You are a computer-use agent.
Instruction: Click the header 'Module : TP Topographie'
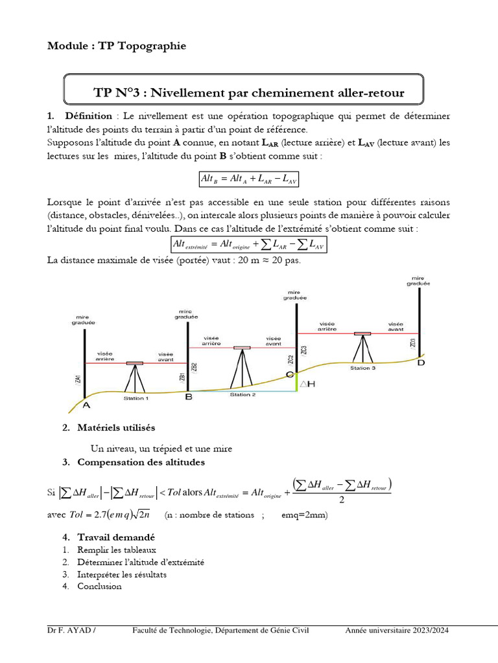tap(117, 46)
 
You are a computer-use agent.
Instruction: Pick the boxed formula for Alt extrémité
tap(248, 244)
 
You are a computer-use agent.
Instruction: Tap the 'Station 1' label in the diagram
tap(136, 399)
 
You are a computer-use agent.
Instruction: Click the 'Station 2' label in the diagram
tap(243, 394)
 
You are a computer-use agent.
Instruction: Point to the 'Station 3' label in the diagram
tap(362, 368)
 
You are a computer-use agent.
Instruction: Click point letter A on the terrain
tap(86, 405)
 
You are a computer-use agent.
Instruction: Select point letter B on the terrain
tap(189, 397)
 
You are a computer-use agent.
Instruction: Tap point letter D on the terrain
tap(421, 363)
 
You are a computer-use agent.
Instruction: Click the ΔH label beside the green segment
tap(307, 384)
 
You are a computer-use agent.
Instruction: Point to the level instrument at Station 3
tap(362, 334)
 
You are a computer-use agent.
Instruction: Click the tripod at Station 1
tap(135, 379)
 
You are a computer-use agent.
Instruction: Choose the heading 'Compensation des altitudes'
tap(141, 462)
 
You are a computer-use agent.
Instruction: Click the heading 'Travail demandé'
tap(116, 537)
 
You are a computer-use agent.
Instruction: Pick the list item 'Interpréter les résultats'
tap(122, 574)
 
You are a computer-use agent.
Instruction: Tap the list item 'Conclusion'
tap(99, 586)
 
